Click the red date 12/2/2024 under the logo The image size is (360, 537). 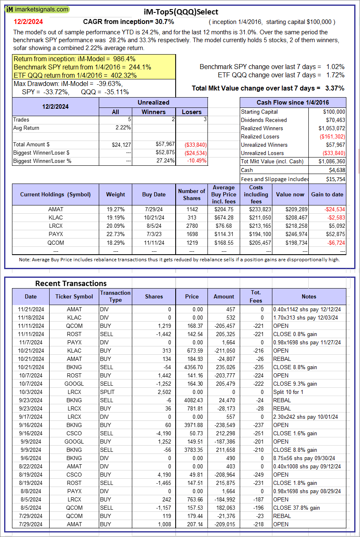[28, 21]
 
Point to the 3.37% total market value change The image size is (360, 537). [336, 88]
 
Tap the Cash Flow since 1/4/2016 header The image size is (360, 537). [293, 103]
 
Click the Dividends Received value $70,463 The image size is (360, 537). [334, 120]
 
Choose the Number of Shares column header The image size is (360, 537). [191, 194]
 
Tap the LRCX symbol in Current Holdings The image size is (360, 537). [55, 226]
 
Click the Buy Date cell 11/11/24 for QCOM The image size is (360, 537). [154, 242]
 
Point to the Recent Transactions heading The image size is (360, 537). [71, 283]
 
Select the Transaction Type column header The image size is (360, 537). [115, 296]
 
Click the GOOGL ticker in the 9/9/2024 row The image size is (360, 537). [74, 442]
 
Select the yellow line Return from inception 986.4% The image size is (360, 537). [74, 59]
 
